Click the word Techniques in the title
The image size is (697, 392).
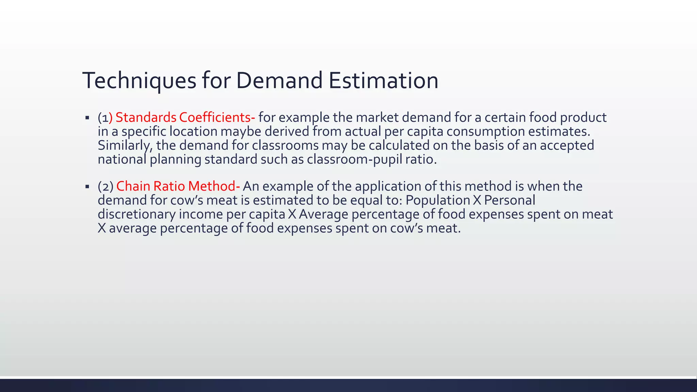pyautogui.click(x=139, y=81)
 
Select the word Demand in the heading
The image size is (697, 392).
pyautogui.click(x=279, y=81)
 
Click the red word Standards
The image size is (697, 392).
pyautogui.click(x=146, y=117)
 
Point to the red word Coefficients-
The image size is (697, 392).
pyautogui.click(x=217, y=117)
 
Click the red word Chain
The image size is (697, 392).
pyautogui.click(x=133, y=186)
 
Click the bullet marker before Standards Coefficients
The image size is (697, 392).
pyautogui.click(x=87, y=118)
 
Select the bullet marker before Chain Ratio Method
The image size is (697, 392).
pyautogui.click(x=87, y=187)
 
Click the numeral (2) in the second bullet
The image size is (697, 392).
pyautogui.click(x=106, y=186)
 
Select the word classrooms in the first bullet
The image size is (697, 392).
pyautogui.click(x=285, y=146)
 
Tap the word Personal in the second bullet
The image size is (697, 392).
pyautogui.click(x=509, y=200)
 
